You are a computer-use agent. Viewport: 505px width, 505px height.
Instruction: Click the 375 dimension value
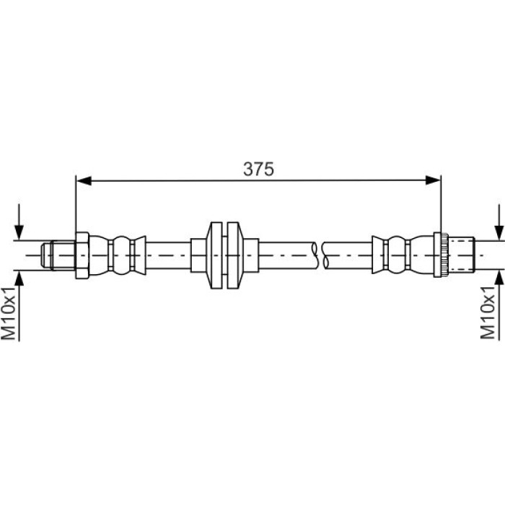[258, 169]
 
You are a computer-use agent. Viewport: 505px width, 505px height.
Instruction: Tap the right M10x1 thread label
[488, 312]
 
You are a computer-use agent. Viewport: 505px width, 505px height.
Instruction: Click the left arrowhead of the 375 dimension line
[84, 180]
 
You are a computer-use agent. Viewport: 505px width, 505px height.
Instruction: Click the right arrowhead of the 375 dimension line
[433, 180]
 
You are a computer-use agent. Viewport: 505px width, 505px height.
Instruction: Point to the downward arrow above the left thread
[19, 222]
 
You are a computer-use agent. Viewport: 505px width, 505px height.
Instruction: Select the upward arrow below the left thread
[19, 306]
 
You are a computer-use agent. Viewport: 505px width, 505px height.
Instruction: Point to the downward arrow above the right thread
[499, 222]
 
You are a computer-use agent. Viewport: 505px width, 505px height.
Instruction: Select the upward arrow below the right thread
[499, 304]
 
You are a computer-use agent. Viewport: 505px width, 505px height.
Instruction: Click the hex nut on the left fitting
[82, 255]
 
